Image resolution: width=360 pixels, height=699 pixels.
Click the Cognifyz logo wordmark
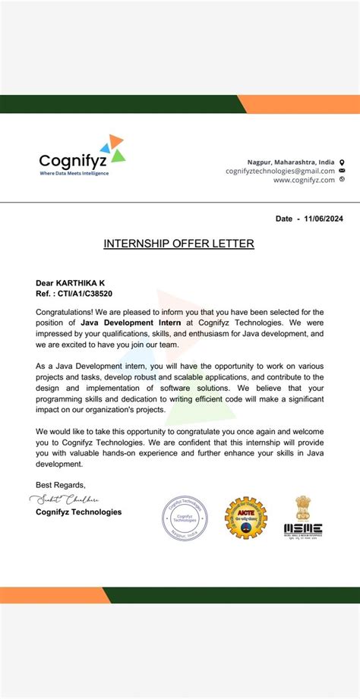(73, 161)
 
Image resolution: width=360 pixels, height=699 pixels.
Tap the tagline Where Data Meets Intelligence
(74, 173)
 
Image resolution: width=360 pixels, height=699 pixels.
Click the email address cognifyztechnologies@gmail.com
(279, 171)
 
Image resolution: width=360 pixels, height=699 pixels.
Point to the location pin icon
(342, 162)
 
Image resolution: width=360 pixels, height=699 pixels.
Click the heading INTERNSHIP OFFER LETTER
(178, 244)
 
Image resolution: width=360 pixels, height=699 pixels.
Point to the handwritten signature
(67, 499)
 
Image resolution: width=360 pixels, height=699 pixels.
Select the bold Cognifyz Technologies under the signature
(78, 512)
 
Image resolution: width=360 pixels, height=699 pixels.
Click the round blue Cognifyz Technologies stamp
(185, 518)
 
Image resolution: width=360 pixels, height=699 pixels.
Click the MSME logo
(302, 528)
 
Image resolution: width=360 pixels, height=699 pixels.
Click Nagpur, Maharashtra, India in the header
(291, 162)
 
